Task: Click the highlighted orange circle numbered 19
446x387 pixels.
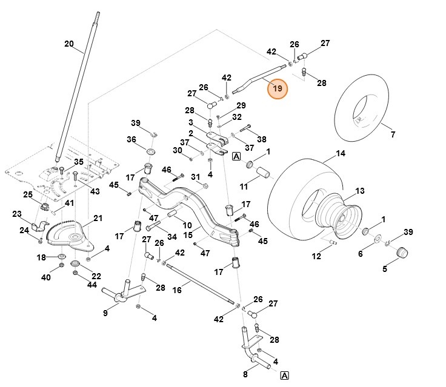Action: [x=278, y=88]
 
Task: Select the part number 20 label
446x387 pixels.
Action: [x=68, y=44]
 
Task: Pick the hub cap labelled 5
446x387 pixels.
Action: [x=401, y=253]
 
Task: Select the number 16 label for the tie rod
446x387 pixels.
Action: [x=177, y=291]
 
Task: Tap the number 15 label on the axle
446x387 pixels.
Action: [x=188, y=234]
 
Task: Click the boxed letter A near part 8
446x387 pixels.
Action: [x=284, y=375]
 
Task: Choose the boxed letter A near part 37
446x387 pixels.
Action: [x=236, y=156]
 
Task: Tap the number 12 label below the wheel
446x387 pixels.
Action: [x=316, y=257]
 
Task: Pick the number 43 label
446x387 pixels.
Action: [x=95, y=191]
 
